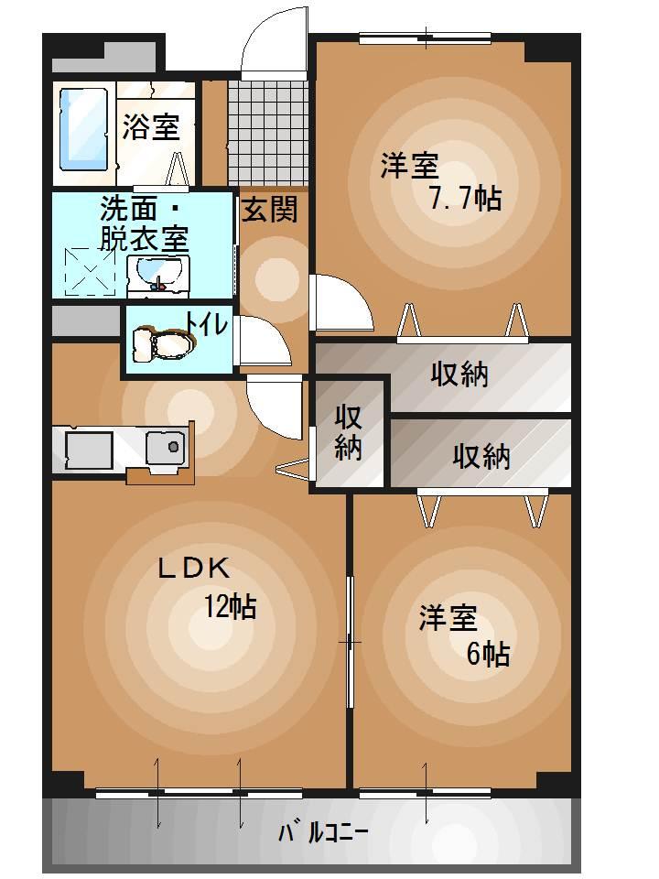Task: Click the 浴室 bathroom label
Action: click(x=151, y=127)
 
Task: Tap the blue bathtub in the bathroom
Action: click(x=83, y=129)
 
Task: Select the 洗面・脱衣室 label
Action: click(x=144, y=223)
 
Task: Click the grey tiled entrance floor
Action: click(x=267, y=132)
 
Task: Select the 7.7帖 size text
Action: click(x=466, y=198)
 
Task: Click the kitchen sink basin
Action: click(x=166, y=447)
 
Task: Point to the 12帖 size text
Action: click(x=229, y=606)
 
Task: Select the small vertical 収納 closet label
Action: click(x=349, y=432)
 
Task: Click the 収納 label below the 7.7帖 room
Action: click(x=459, y=374)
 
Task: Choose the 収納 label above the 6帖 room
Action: click(x=481, y=456)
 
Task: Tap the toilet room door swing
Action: click(x=262, y=341)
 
